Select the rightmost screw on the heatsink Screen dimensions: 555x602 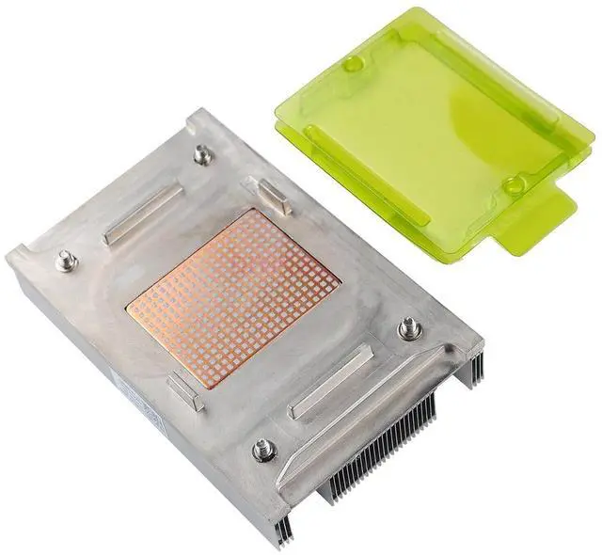[408, 328]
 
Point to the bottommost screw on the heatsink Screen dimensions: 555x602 [259, 449]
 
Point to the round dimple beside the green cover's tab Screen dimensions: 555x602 [514, 185]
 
